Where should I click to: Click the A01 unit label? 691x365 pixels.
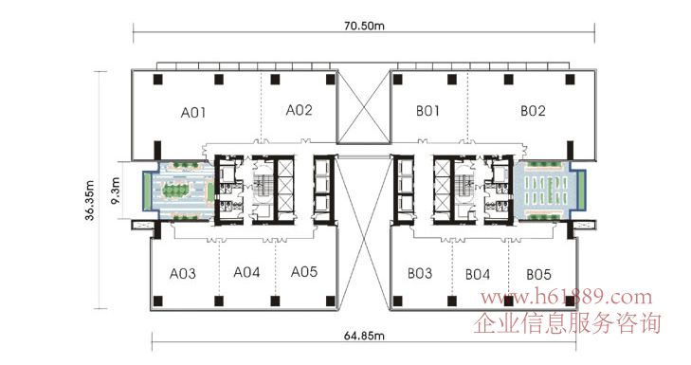click(193, 113)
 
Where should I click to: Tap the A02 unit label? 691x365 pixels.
click(300, 110)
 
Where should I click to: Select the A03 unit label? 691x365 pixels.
click(183, 274)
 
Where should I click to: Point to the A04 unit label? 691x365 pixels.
click(246, 272)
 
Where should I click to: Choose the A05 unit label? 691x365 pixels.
click(304, 271)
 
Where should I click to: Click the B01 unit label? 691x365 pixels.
click(427, 111)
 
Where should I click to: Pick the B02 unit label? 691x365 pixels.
click(533, 111)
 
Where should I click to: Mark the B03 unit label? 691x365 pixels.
click(420, 273)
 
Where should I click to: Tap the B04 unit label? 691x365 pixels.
click(478, 275)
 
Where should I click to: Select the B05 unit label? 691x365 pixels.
click(539, 275)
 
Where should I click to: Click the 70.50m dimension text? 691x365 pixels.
click(364, 26)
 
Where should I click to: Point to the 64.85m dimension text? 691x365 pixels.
click(364, 336)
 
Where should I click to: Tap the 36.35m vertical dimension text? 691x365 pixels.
click(90, 200)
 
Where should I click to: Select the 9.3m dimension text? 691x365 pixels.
click(116, 191)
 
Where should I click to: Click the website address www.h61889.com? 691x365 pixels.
click(566, 297)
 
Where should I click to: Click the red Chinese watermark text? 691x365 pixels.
click(568, 323)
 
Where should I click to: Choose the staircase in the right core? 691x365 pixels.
click(465, 182)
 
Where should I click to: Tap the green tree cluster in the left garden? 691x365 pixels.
click(175, 191)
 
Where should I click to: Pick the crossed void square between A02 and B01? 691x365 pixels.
click(364, 108)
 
